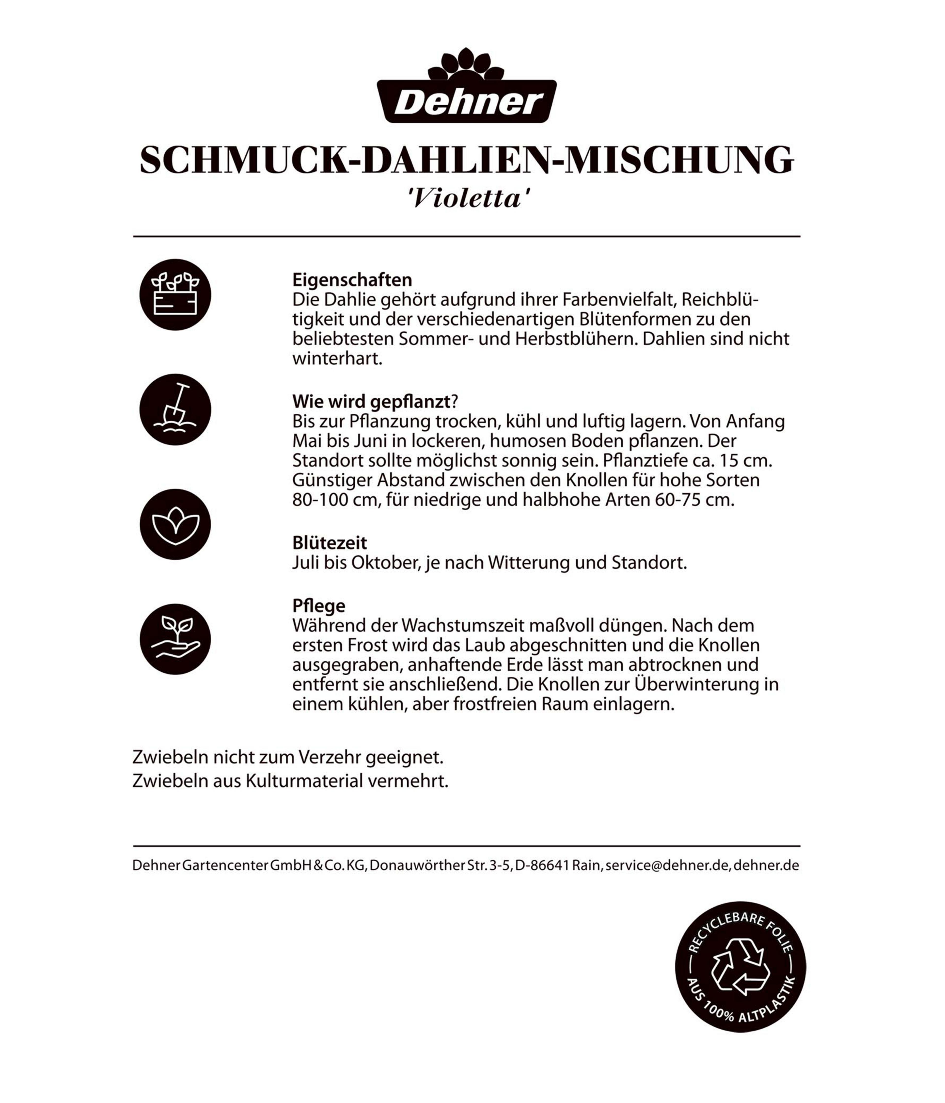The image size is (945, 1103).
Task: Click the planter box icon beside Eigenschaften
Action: coord(175,294)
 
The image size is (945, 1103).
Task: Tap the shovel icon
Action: coord(175,409)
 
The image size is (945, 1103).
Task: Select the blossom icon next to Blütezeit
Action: coord(175,524)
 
